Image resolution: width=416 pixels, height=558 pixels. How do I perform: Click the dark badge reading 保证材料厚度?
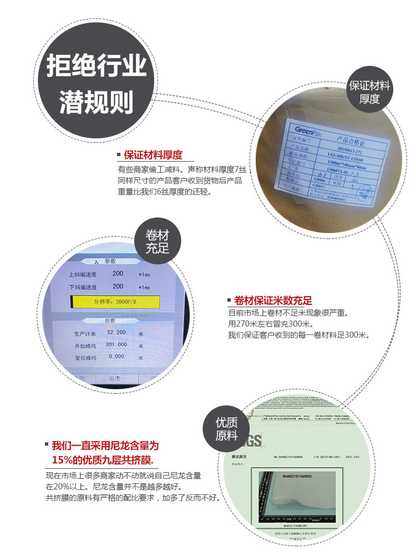coord(369,92)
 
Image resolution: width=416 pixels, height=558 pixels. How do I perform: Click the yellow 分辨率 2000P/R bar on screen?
coord(115,302)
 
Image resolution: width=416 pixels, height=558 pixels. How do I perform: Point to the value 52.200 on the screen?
coord(117,332)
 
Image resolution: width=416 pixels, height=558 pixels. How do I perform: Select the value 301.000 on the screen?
coord(117,344)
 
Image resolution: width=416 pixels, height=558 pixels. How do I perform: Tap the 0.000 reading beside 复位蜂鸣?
coord(116,356)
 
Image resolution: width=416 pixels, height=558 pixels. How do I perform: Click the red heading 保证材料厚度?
coord(153,155)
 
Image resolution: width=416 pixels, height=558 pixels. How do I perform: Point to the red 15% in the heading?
coord(63,461)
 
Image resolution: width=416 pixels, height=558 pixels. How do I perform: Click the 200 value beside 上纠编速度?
coord(118,273)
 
